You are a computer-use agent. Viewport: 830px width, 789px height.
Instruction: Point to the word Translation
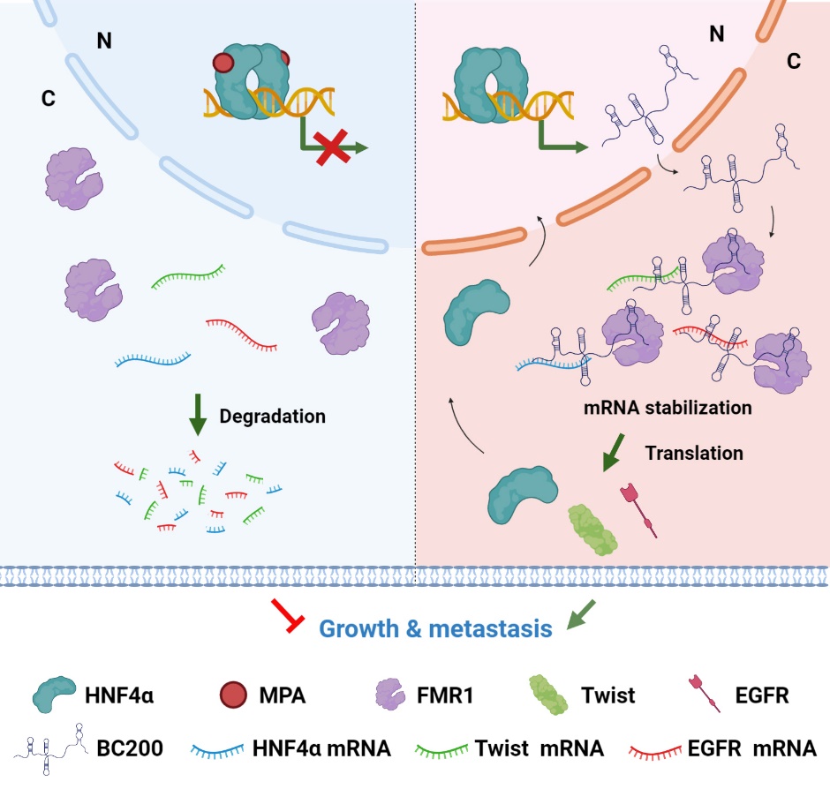click(x=693, y=453)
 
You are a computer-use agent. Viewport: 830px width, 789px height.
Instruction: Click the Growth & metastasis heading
click(x=435, y=628)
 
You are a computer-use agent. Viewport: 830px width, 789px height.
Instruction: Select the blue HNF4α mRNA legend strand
click(x=225, y=751)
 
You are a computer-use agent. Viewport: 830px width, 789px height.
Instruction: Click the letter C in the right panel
click(x=793, y=62)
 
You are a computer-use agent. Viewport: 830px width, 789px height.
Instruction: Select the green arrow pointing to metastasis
click(x=582, y=615)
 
